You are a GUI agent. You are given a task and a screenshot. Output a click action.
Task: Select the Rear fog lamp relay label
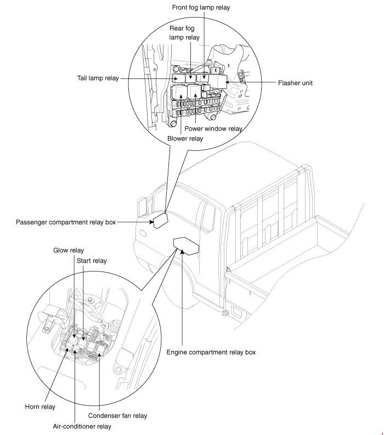pos(185,33)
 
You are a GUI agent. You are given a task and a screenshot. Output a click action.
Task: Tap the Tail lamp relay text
pos(98,78)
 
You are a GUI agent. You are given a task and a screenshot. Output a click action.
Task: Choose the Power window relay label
pos(213,128)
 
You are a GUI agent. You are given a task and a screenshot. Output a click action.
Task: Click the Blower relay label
pos(185,138)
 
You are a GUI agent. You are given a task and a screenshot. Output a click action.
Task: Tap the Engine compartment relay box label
pos(211,352)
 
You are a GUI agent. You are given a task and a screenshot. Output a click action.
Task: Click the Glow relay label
pos(69,251)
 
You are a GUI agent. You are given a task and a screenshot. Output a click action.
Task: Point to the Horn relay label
pos(40,407)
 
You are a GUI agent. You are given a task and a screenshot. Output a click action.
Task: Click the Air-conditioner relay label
pos(82,426)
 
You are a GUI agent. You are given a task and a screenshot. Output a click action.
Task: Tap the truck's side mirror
pos(141,208)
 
